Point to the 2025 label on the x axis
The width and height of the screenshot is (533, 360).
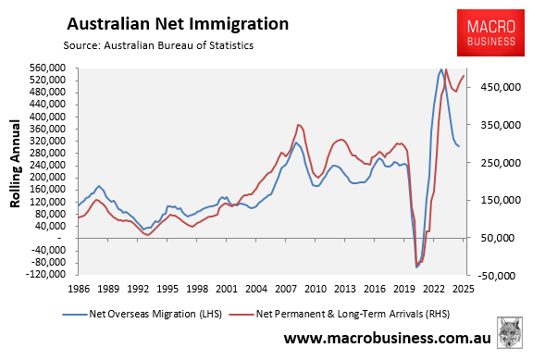[463, 289]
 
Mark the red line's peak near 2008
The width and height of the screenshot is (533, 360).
[298, 124]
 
